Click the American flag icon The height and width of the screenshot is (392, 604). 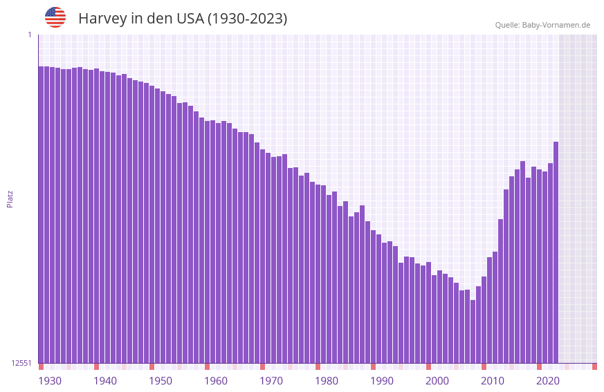pos(55,17)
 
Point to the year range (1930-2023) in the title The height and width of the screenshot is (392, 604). pos(247,19)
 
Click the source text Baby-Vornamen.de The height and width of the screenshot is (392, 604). pos(556,25)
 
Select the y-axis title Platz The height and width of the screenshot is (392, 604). pos(10,198)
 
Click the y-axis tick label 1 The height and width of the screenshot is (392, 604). pos(29,35)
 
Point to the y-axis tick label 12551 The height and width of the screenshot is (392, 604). pos(21,363)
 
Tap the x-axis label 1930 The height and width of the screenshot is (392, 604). pos(50,381)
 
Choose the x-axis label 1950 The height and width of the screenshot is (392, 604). pos(161,381)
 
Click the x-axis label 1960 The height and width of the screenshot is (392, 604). pos(216,381)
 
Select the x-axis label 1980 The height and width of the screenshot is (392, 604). pos(327,381)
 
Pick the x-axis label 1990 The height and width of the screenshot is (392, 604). pos(382,381)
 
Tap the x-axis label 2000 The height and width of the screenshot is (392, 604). pos(437,381)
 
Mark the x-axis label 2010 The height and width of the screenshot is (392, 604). pos(493,381)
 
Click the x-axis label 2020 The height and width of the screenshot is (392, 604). pos(548,381)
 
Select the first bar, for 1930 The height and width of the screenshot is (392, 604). pos(41,214)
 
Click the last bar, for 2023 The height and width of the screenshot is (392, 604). pos(556,252)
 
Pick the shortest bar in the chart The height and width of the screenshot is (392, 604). pos(473,331)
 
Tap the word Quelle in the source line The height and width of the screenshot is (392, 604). pos(507,25)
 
